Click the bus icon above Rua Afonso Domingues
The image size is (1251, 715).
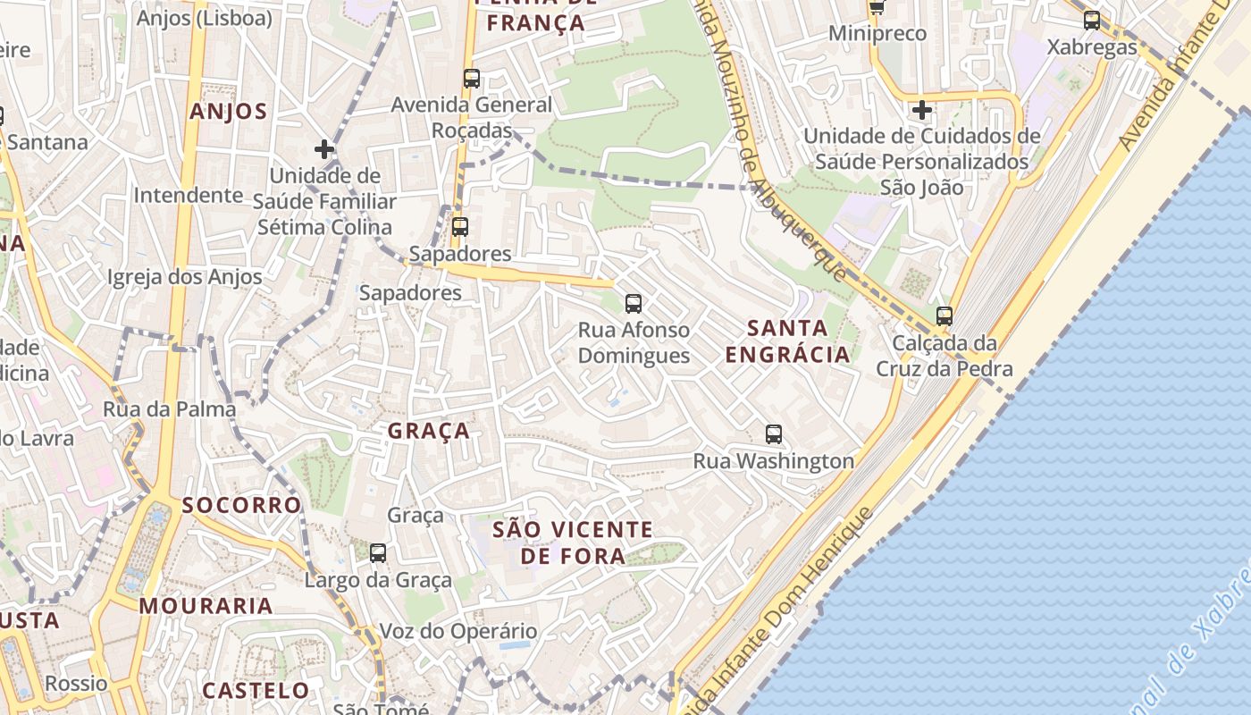[634, 304]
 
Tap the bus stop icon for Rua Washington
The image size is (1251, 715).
[774, 435]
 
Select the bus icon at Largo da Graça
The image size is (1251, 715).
[378, 553]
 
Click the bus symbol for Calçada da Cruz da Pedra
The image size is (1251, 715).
[945, 316]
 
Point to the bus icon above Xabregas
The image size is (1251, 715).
[1092, 21]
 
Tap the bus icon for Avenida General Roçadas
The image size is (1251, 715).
[472, 79]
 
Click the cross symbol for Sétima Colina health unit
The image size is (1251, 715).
[324, 149]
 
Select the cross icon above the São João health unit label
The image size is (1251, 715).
[922, 110]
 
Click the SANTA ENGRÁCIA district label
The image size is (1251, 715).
[787, 341]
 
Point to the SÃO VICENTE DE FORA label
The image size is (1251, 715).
[573, 543]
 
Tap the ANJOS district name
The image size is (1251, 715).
[228, 112]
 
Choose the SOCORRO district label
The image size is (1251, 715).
[242, 505]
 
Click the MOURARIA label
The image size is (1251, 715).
[206, 606]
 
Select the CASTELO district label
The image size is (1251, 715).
[256, 691]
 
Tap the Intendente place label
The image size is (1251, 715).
[188, 195]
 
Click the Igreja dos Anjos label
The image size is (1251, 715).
[185, 277]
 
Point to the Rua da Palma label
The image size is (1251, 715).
[170, 409]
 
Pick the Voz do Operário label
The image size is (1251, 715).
[458, 631]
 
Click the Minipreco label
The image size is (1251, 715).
[877, 34]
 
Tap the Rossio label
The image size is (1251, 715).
[76, 684]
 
